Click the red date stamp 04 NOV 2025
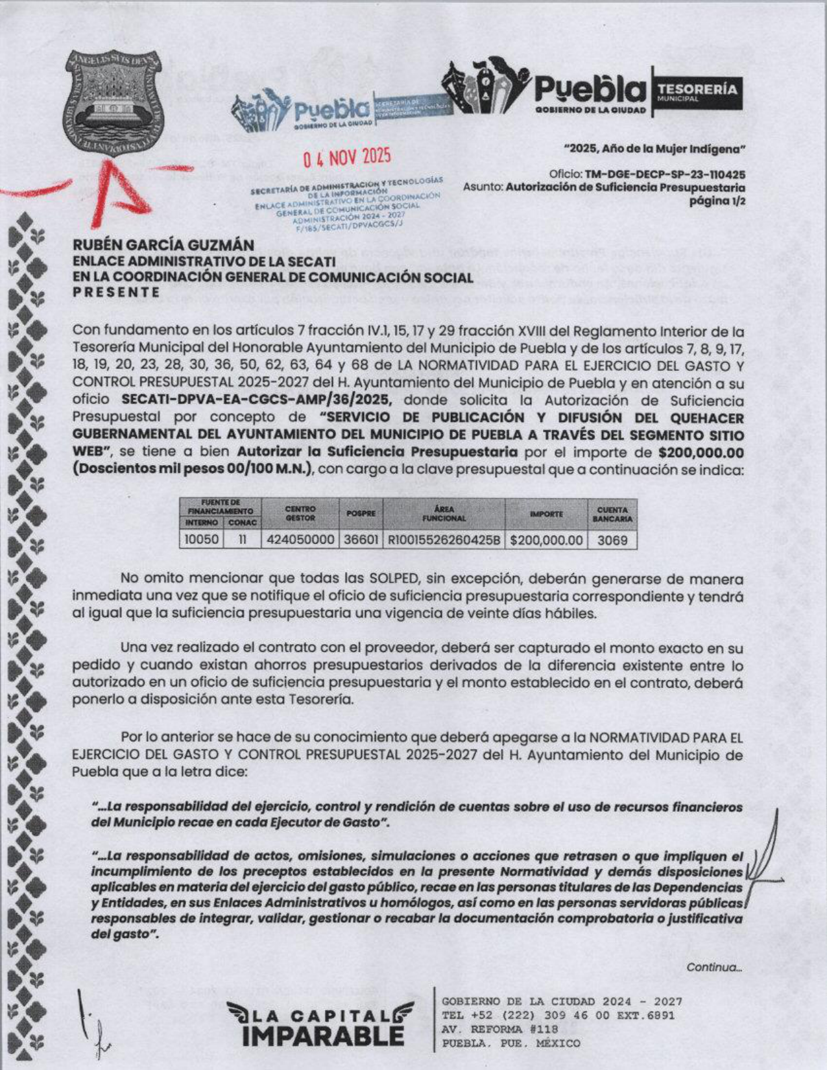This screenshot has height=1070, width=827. (x=348, y=158)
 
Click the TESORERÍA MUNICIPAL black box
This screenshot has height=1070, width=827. (x=697, y=91)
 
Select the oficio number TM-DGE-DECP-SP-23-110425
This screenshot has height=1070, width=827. (x=665, y=174)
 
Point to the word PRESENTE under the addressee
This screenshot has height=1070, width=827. (x=116, y=292)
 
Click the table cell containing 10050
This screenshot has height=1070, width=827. (x=202, y=540)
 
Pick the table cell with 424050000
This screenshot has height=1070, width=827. (x=300, y=540)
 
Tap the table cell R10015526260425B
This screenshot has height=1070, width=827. (x=444, y=540)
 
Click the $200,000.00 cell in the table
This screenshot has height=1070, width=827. (x=546, y=540)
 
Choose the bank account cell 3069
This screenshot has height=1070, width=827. (x=612, y=540)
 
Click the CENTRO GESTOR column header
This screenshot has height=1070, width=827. (x=300, y=514)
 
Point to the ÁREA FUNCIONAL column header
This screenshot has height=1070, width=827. (x=444, y=514)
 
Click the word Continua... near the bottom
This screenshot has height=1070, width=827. (x=714, y=968)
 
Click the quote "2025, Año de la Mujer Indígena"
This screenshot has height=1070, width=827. (x=654, y=149)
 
